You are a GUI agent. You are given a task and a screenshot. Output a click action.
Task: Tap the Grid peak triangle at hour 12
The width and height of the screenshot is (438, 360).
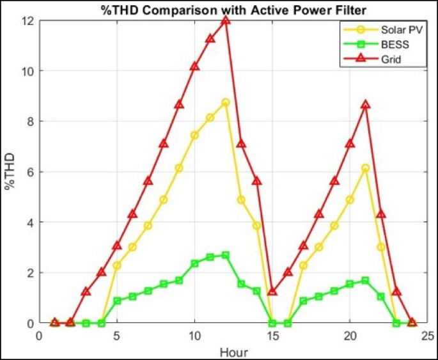pyautogui.click(x=226, y=20)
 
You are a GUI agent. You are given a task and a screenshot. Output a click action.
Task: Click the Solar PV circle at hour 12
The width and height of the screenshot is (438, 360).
pyautogui.click(x=226, y=102)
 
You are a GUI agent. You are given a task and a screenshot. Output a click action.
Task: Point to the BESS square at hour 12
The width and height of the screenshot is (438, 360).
pyautogui.click(x=226, y=255)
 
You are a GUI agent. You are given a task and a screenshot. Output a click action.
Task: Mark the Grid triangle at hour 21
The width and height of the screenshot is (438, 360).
pyautogui.click(x=365, y=105)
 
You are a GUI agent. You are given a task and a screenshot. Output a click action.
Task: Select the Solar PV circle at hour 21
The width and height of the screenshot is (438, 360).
pyautogui.click(x=365, y=168)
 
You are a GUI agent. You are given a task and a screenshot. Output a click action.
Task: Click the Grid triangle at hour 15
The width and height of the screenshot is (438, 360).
pyautogui.click(x=272, y=292)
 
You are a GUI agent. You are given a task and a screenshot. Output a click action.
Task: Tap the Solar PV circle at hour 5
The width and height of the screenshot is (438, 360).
pyautogui.click(x=117, y=265)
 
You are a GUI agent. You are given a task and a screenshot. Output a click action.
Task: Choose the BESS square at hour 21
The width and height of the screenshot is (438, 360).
pyautogui.click(x=365, y=280)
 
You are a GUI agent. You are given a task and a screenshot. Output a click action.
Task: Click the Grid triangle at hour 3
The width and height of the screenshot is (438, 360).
pyautogui.click(x=86, y=292)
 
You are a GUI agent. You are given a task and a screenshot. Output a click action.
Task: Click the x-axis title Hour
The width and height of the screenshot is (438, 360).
pyautogui.click(x=233, y=351)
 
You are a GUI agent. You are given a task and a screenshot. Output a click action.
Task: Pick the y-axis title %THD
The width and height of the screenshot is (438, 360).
pyautogui.click(x=10, y=172)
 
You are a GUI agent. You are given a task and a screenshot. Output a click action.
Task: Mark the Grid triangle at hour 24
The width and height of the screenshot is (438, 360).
pyautogui.click(x=412, y=322)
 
